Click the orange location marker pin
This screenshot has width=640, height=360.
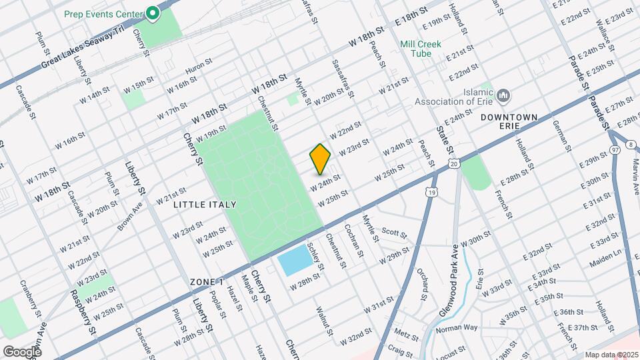(320, 159)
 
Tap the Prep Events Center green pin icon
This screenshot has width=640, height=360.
(153, 13)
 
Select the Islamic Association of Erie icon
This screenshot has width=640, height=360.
(504, 95)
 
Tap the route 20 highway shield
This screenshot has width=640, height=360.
(453, 163)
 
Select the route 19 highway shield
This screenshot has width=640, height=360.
(432, 192)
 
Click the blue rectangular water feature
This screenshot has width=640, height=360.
(294, 263)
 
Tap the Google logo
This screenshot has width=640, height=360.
(22, 351)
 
